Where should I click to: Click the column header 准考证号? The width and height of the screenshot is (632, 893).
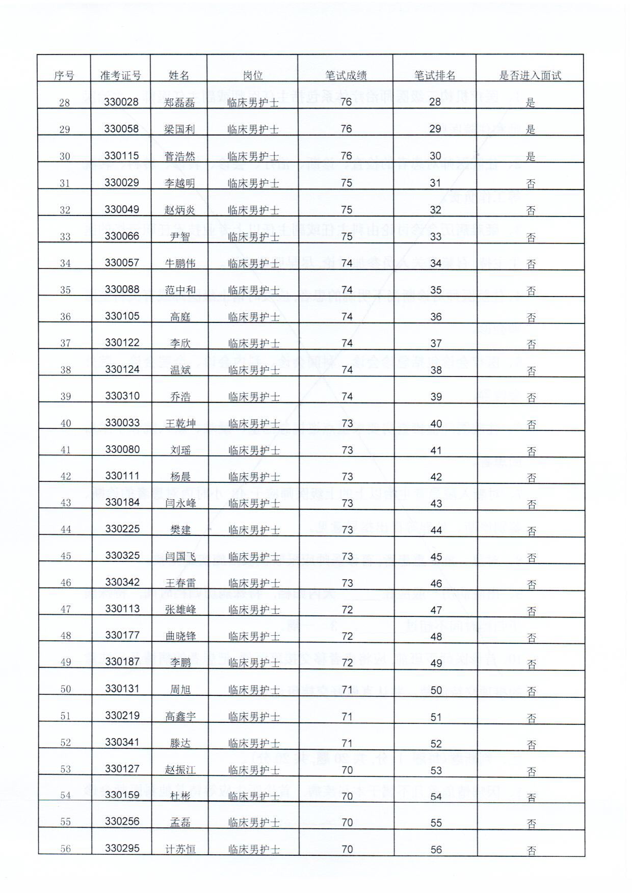(x=121, y=75)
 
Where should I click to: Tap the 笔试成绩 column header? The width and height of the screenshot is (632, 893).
(x=346, y=75)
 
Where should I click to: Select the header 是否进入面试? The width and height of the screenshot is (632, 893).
(x=530, y=75)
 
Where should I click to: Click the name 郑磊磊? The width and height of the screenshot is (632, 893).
(x=179, y=102)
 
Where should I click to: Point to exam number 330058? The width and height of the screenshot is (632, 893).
(x=121, y=129)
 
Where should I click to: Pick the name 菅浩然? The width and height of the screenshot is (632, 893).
(x=179, y=156)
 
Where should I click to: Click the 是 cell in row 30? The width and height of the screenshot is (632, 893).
(x=531, y=156)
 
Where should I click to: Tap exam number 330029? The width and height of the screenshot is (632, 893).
(x=121, y=183)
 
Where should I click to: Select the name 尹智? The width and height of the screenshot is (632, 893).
(x=180, y=237)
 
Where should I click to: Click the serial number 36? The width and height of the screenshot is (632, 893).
(x=65, y=317)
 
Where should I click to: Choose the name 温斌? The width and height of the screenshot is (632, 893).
(x=180, y=370)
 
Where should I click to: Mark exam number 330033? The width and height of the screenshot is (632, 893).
(x=122, y=423)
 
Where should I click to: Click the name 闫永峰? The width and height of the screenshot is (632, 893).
(x=180, y=503)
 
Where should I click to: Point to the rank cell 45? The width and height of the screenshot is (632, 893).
(x=436, y=557)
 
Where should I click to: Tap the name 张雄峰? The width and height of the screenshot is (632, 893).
(x=180, y=610)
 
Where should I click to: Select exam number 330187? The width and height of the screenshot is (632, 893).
(x=122, y=662)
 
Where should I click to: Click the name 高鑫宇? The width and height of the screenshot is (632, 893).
(x=180, y=717)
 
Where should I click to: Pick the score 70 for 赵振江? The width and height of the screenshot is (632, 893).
(x=347, y=770)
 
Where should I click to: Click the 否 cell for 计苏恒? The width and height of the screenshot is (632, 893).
(x=532, y=850)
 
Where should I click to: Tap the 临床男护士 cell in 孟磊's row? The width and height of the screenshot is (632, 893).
(x=254, y=823)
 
